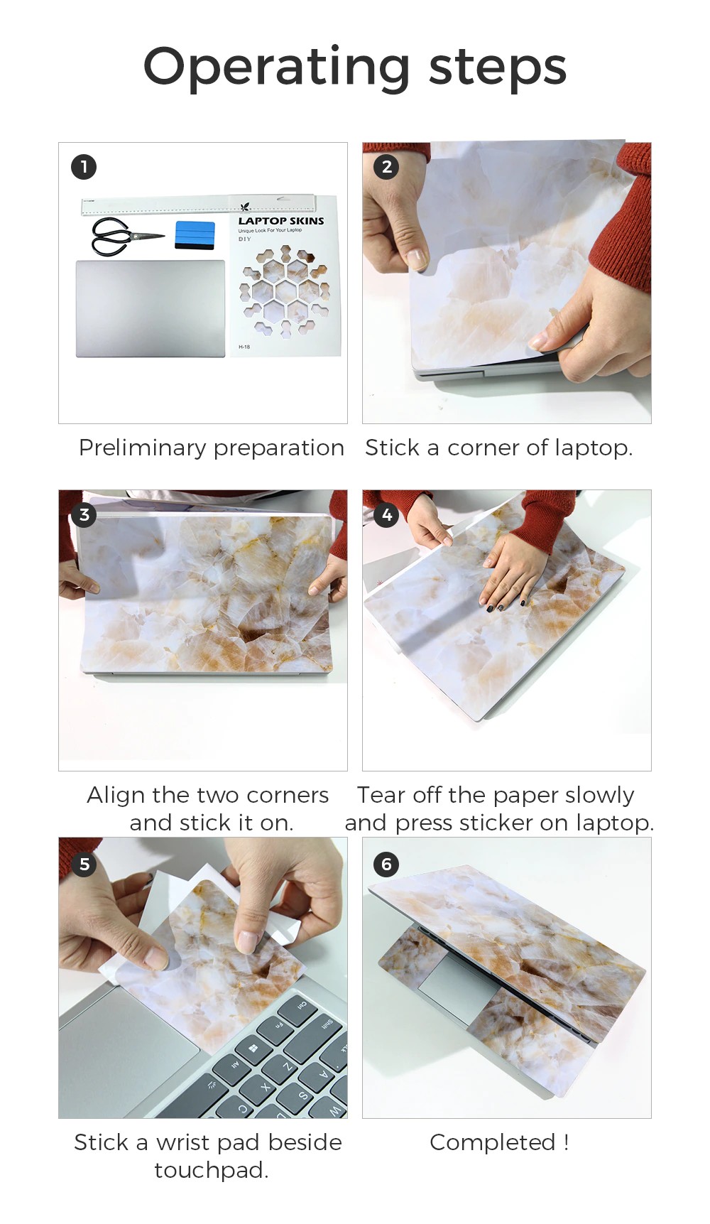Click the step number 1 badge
click(x=84, y=167)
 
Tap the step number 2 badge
click(x=387, y=167)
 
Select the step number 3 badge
click(x=84, y=514)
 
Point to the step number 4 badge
click(x=387, y=514)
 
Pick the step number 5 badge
click(x=84, y=864)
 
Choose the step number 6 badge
click(x=387, y=864)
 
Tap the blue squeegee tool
click(x=195, y=235)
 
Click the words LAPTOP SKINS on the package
click(x=281, y=221)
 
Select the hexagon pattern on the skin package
click(x=285, y=291)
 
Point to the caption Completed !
click(x=499, y=1142)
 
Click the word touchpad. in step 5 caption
click(x=212, y=1170)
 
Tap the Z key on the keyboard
click(x=287, y=1067)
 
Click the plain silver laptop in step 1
click(x=151, y=308)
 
